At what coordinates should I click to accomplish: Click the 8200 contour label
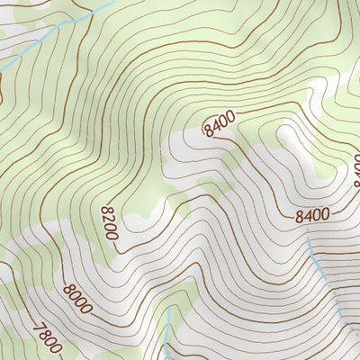click(109, 221)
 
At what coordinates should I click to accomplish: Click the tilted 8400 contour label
click(219, 122)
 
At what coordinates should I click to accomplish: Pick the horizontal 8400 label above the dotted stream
click(312, 215)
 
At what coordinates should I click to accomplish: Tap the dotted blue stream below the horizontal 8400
click(317, 256)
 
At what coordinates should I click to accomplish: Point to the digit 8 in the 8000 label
click(68, 289)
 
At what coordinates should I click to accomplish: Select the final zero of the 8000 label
click(87, 310)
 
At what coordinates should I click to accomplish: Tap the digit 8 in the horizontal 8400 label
click(300, 216)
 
